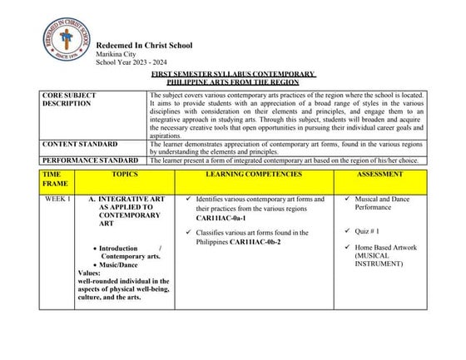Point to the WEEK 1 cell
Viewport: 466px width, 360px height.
point(57,200)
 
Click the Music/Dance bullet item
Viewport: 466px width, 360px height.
point(121,265)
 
